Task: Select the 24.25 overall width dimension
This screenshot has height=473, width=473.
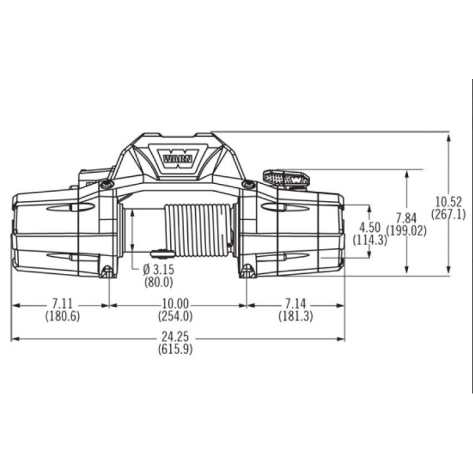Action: tap(175, 336)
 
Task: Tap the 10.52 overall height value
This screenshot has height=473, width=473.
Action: tap(449, 202)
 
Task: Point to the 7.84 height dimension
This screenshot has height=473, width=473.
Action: tap(407, 218)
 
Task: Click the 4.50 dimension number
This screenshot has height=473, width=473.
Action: tap(370, 227)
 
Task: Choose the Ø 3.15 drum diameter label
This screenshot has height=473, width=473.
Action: tap(159, 269)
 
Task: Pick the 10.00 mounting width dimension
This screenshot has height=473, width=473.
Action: tap(175, 303)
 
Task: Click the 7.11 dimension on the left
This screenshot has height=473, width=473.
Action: tap(62, 303)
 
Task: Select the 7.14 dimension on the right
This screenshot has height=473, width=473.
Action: tap(296, 303)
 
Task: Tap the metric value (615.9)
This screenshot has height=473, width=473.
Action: tap(175, 349)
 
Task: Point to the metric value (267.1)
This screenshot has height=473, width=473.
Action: tap(449, 214)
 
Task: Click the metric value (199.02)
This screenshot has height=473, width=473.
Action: tap(407, 231)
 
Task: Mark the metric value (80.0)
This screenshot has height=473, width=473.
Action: tap(159, 282)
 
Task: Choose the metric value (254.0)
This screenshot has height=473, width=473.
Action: tap(175, 316)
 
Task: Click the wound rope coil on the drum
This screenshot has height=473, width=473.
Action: tap(199, 230)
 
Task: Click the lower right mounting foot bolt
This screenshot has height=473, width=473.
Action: tap(248, 271)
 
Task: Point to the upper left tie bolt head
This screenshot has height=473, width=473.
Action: tap(107, 185)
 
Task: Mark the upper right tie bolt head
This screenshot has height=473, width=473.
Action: tap(248, 184)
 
